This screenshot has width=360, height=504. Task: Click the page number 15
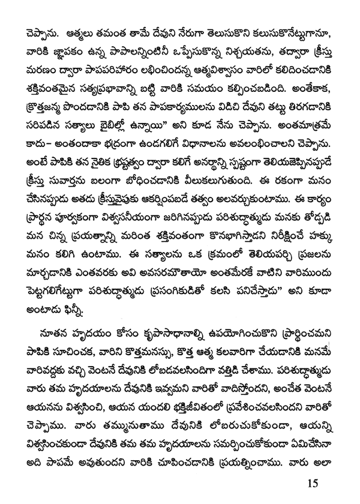(x=311, y=482)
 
